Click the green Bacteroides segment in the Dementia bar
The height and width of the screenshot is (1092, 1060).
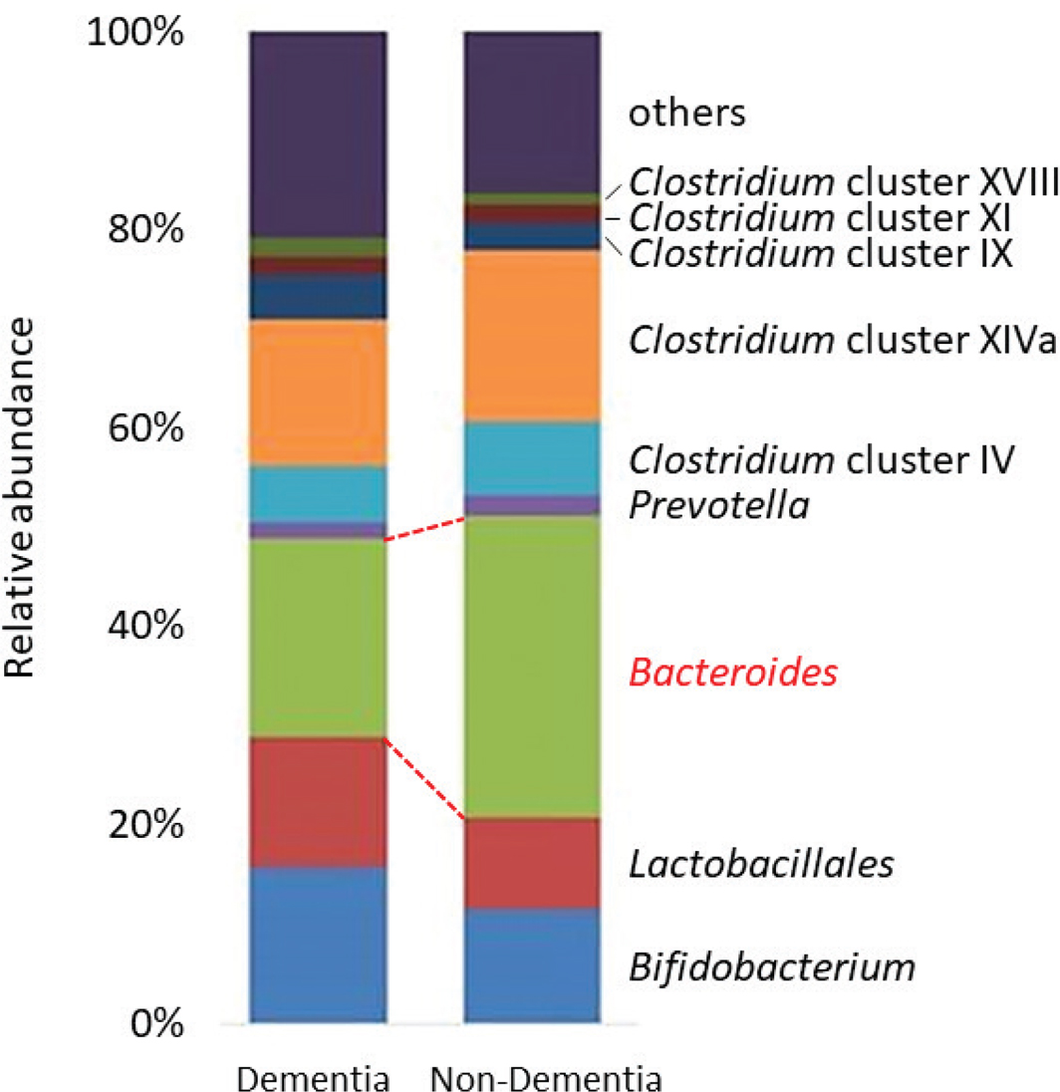(317, 638)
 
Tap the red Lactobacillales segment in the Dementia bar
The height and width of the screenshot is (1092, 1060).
(317, 802)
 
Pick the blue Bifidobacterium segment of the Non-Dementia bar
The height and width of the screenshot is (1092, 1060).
(532, 964)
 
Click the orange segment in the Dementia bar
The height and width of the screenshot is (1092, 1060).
(317, 393)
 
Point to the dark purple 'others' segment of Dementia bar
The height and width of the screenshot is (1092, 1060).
(317, 134)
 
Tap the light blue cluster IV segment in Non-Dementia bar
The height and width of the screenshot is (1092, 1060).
(532, 457)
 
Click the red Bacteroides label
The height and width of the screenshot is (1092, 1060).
(731, 675)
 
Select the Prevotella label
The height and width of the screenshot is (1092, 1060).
(718, 506)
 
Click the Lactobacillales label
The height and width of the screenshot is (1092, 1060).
(760, 863)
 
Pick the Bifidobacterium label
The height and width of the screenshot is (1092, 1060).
(771, 965)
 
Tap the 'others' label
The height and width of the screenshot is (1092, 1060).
(685, 114)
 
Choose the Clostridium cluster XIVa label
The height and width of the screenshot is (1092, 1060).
(842, 341)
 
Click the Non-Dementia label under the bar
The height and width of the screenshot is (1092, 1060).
(547, 1079)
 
